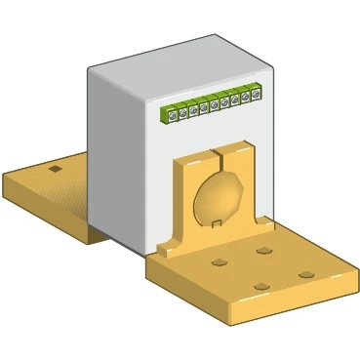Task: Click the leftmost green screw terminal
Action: (x=172, y=115)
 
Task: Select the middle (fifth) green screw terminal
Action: (x=215, y=105)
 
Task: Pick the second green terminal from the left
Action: (x=182, y=112)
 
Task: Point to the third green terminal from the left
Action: (x=193, y=110)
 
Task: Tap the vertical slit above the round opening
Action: (x=220, y=157)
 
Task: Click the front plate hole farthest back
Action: (x=264, y=250)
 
